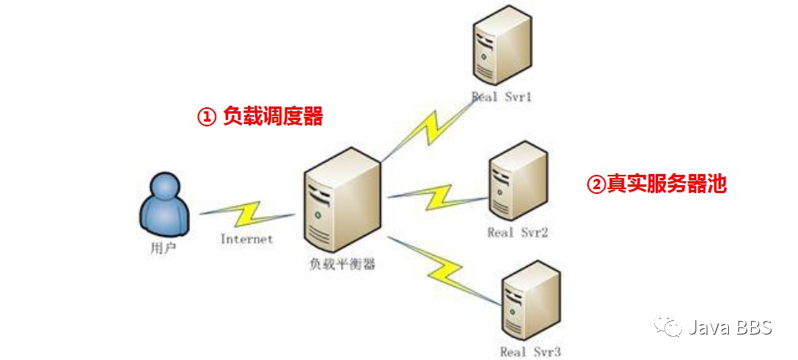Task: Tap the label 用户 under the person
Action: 163,247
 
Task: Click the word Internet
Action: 246,238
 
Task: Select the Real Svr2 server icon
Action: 517,181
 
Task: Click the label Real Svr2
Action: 517,233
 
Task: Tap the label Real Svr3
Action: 531,350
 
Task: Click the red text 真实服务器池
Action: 666,184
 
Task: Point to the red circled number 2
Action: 596,184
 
